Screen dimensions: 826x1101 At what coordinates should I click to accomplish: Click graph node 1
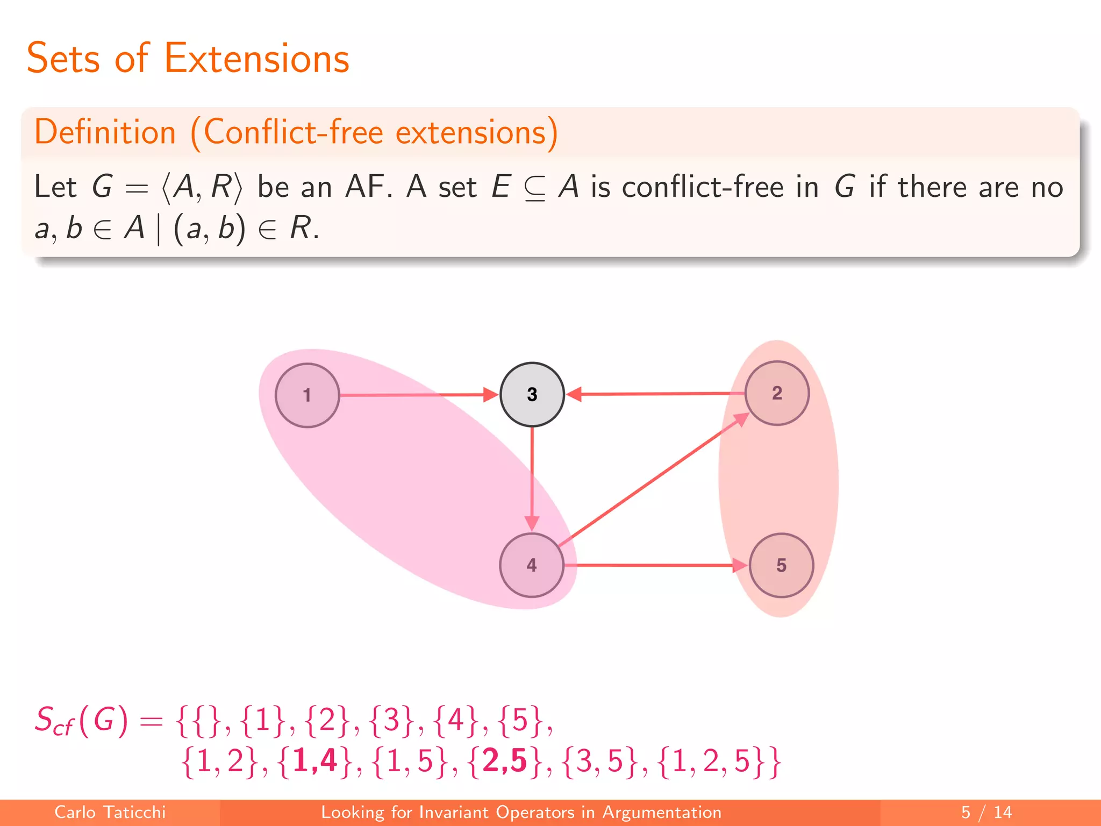(307, 395)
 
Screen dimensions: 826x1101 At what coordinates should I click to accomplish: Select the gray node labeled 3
(532, 394)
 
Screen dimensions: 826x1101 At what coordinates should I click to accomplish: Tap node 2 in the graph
(777, 393)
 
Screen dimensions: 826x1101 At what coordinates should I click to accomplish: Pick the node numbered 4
(532, 565)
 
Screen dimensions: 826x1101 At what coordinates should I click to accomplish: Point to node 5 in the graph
(781, 565)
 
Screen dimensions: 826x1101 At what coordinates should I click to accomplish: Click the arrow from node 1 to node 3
(414, 395)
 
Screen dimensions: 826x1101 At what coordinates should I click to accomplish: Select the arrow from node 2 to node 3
(656, 394)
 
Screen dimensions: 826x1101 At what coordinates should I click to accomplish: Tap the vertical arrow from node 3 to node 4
(532, 479)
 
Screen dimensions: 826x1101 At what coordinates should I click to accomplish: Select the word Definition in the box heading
(105, 132)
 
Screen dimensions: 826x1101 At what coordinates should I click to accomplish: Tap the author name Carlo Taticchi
(110, 812)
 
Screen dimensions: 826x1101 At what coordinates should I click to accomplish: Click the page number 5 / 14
(986, 812)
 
